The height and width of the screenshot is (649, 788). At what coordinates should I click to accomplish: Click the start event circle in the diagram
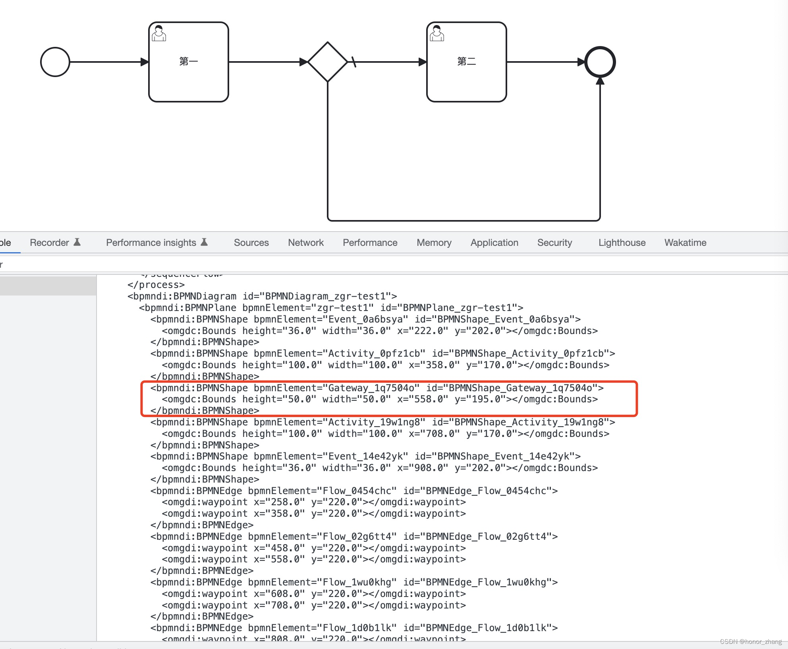(x=55, y=62)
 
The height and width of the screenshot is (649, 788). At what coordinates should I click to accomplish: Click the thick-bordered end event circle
(x=600, y=62)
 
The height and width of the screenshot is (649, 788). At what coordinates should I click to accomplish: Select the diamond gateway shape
(x=328, y=62)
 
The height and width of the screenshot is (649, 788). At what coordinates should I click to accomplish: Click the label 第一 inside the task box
(x=189, y=62)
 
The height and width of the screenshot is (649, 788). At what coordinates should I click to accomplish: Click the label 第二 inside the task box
(x=467, y=62)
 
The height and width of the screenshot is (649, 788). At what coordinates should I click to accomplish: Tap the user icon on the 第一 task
(x=159, y=33)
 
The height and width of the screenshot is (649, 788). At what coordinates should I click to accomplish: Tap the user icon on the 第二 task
(x=437, y=33)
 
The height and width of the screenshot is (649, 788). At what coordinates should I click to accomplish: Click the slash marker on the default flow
(x=353, y=62)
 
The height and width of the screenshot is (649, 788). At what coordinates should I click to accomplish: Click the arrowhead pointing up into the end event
(x=600, y=81)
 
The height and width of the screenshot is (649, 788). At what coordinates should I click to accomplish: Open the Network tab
(x=306, y=243)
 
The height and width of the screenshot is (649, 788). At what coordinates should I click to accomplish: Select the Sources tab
(x=251, y=243)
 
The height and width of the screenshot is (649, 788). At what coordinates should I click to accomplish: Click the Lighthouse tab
(x=622, y=243)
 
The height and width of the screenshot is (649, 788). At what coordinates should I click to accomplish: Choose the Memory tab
(x=434, y=243)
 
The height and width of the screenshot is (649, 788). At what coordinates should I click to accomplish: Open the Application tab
(x=494, y=243)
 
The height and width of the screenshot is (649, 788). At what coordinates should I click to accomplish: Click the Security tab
(x=554, y=243)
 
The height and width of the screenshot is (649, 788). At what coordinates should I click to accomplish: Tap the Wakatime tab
(x=686, y=243)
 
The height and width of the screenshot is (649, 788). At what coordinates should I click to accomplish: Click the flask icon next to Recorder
(x=77, y=242)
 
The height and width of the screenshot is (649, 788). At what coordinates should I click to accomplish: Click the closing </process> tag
(x=156, y=285)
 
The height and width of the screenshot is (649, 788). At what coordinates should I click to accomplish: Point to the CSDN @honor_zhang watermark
(x=751, y=641)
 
